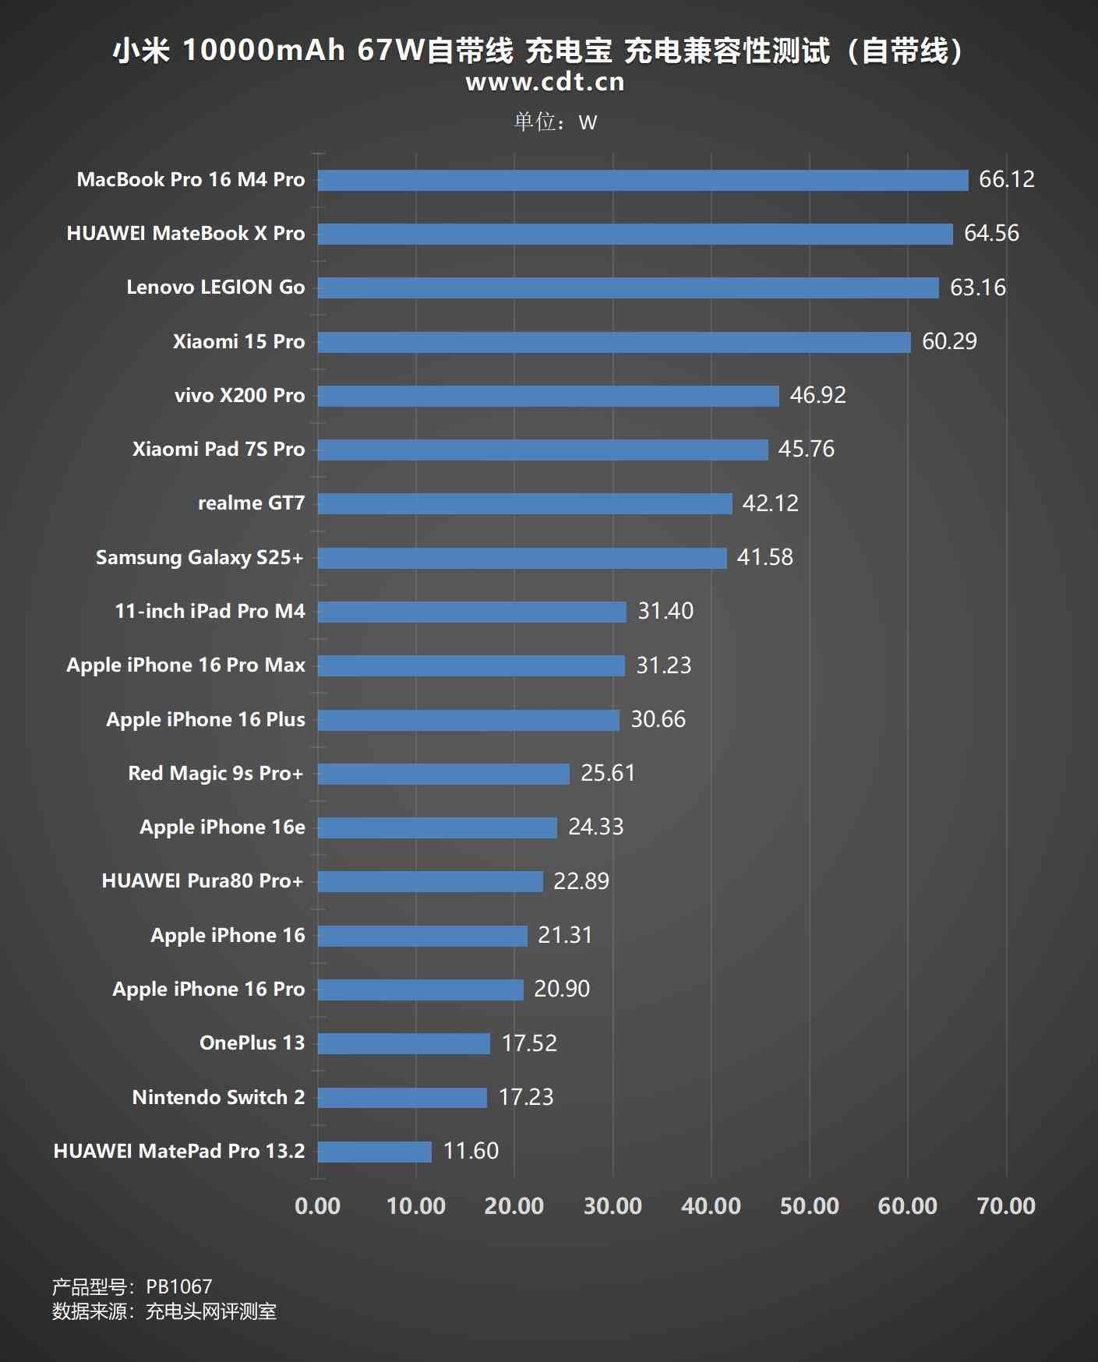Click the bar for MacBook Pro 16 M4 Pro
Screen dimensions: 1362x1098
[x=643, y=180]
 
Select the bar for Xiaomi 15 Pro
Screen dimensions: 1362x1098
[x=614, y=342]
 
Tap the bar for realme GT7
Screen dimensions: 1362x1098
[x=524, y=503]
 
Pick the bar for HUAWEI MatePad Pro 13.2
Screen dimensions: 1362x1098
[x=375, y=1152]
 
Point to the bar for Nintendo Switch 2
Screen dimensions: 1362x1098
[x=402, y=1098]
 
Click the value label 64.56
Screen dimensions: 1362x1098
[x=991, y=233]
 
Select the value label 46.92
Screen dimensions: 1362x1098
[x=817, y=395]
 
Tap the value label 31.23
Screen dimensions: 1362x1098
[x=664, y=665]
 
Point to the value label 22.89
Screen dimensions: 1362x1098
[x=581, y=881]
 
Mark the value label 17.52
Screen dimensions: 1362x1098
[x=529, y=1043]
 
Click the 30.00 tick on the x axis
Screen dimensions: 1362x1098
[x=613, y=1206]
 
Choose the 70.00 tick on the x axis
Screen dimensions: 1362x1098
[x=1006, y=1206]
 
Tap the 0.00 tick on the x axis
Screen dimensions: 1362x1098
[x=318, y=1206]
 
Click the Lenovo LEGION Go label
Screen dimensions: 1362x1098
[x=216, y=288]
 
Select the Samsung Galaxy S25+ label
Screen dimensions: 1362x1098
[x=199, y=558]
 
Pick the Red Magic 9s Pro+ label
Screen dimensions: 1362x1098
[x=216, y=774]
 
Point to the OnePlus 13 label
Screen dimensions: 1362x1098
[x=252, y=1043]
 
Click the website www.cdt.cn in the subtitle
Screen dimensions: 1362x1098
[x=545, y=82]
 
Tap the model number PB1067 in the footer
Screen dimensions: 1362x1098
[x=179, y=1286]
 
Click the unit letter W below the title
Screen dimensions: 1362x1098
[x=588, y=123]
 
